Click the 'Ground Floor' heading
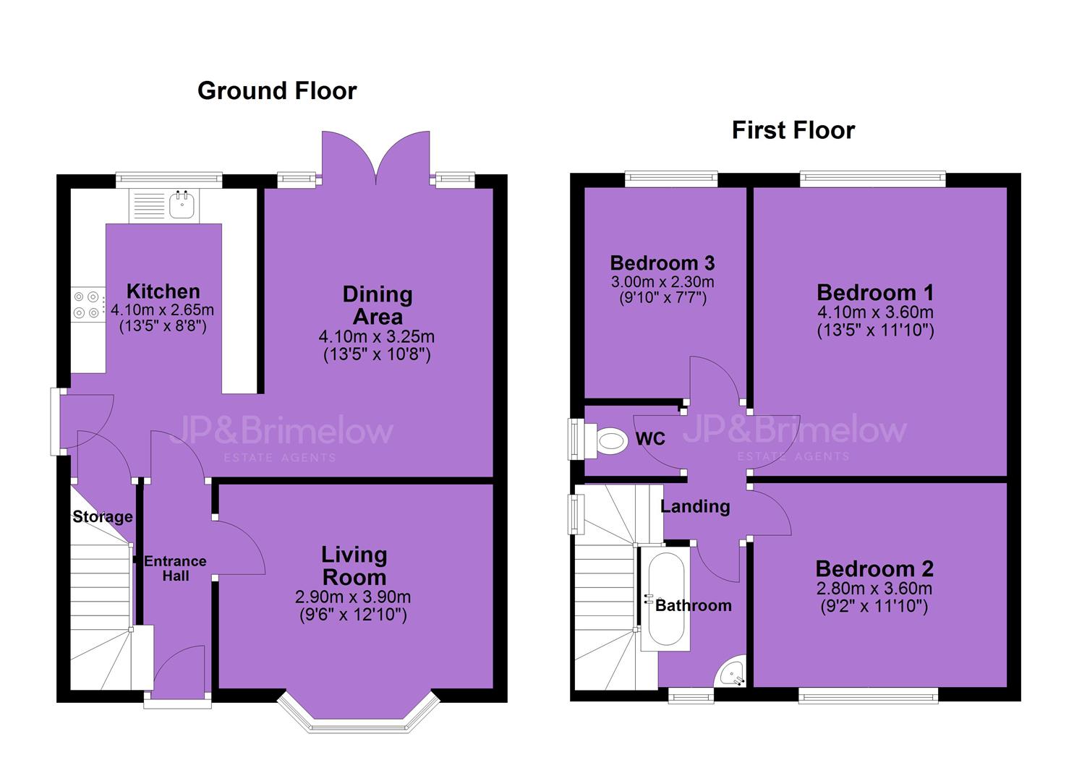tap(277, 90)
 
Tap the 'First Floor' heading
tap(793, 130)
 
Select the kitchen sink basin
tap(182, 205)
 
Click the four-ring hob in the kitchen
tap(88, 304)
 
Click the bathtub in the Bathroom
tap(665, 599)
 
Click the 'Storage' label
tap(103, 516)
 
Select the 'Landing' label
tap(695, 506)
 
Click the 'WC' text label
tap(650, 438)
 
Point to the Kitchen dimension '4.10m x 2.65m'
tap(163, 310)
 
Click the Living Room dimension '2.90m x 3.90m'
tap(353, 597)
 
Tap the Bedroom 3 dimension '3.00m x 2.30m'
tap(662, 281)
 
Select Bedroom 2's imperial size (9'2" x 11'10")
tap(874, 607)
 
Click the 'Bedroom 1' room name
tap(876, 292)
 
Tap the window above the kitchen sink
tap(169, 180)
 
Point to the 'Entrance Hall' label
tap(176, 568)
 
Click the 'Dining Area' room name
tap(378, 305)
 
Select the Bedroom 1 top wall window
tap(873, 179)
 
